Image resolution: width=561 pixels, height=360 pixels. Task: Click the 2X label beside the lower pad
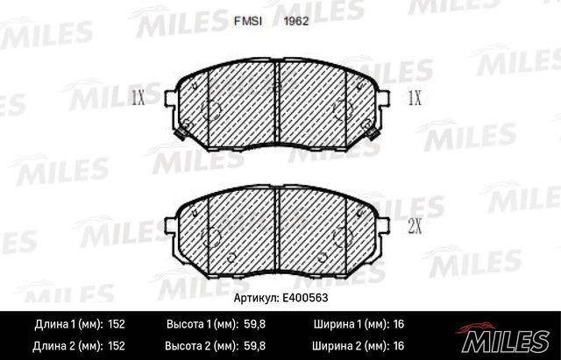click(415, 228)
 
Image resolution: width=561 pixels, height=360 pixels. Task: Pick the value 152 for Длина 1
click(116, 324)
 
